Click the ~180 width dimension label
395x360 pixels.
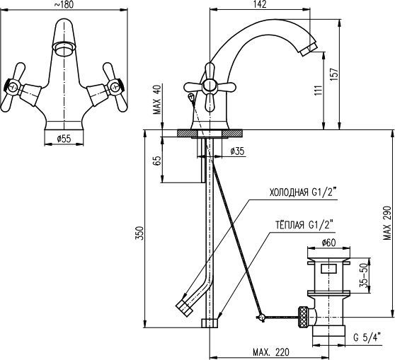pos(64,4)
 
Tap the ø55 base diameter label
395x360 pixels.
pos(64,139)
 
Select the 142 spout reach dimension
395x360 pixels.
pos(260,4)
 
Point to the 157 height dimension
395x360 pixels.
pos(335,74)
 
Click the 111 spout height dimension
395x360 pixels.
pos(318,90)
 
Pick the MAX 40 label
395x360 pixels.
pos(157,100)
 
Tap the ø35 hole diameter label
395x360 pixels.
pos(238,151)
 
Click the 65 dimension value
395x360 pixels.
pos(156,161)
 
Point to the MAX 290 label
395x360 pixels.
pos(387,223)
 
